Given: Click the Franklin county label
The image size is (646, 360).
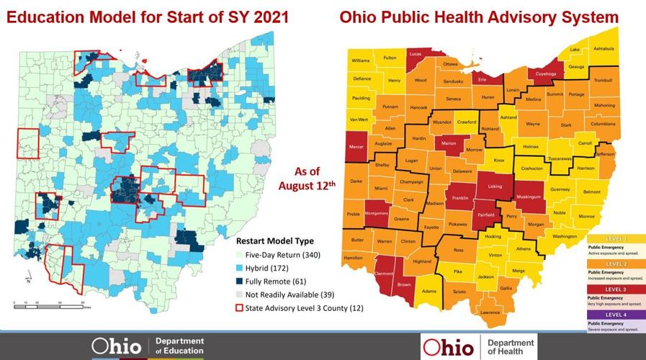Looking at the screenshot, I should click(x=460, y=197).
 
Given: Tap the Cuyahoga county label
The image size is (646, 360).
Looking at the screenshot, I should click(x=544, y=73).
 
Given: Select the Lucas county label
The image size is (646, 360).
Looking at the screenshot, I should click(x=416, y=54).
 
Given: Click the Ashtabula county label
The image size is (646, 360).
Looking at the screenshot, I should click(x=603, y=48).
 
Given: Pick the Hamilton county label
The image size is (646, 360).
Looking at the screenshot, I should click(x=354, y=257).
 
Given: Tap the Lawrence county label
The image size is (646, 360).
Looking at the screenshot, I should click(x=490, y=312).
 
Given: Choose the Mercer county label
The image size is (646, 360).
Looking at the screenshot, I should click(x=356, y=147).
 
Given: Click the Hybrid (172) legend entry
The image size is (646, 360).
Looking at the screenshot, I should click(x=269, y=268).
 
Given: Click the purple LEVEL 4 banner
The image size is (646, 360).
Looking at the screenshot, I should click(x=616, y=315).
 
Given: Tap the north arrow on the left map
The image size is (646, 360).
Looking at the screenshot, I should click(x=27, y=276).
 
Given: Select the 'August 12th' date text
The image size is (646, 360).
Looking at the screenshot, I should click(x=308, y=185).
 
